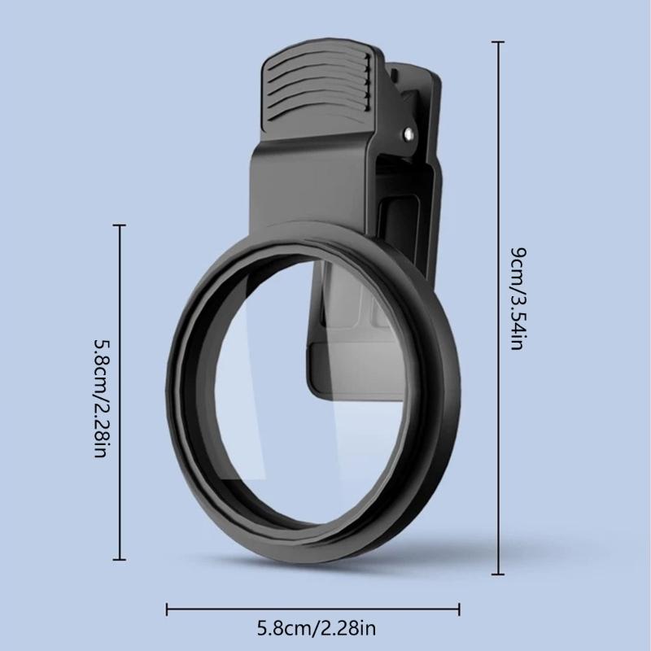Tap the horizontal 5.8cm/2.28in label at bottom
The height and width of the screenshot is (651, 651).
click(x=317, y=627)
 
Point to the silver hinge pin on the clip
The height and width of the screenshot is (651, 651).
click(x=408, y=130)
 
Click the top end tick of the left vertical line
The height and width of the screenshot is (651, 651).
click(x=121, y=225)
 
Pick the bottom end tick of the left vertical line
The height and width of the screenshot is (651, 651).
click(x=121, y=559)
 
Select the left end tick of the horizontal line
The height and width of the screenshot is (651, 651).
click(x=167, y=608)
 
